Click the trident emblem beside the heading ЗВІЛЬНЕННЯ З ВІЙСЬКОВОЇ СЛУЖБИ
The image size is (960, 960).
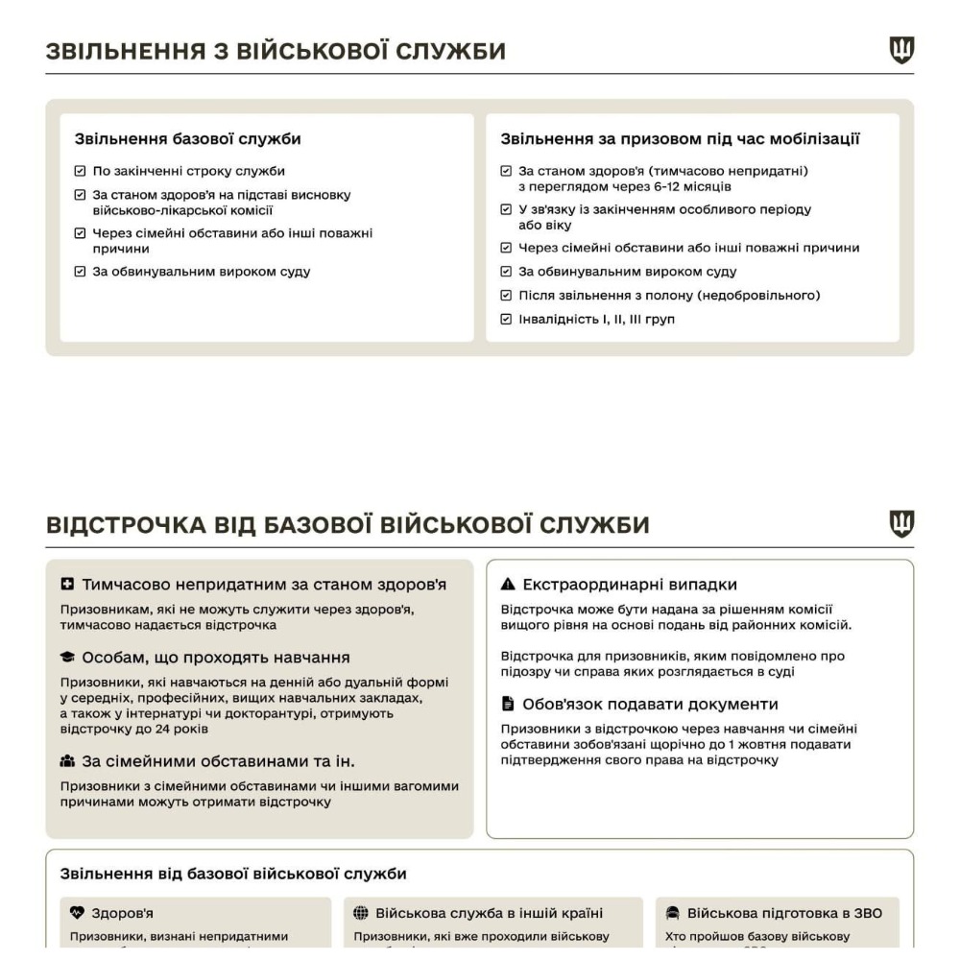tap(901, 50)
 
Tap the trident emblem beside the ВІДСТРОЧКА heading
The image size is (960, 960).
tap(901, 523)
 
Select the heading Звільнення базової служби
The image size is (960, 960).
tap(188, 139)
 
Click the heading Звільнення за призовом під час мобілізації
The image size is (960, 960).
tap(681, 139)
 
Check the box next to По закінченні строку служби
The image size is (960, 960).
tap(80, 172)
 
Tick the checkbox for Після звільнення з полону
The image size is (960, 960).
tap(507, 296)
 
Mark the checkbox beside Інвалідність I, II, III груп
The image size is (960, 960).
tap(507, 320)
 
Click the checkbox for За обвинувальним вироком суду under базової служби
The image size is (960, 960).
tap(80, 272)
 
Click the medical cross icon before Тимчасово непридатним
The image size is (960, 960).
tap(67, 585)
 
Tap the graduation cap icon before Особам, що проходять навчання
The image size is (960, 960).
tap(67, 658)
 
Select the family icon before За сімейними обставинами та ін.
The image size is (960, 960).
tap(67, 762)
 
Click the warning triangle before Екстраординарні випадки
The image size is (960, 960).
tap(508, 585)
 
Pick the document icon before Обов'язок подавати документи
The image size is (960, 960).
tap(508, 704)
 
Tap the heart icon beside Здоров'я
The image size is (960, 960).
tap(78, 913)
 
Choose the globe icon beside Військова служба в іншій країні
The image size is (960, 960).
tap(362, 913)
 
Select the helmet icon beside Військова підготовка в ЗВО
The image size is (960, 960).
tap(672, 913)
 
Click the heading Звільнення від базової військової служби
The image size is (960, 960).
tap(233, 874)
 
